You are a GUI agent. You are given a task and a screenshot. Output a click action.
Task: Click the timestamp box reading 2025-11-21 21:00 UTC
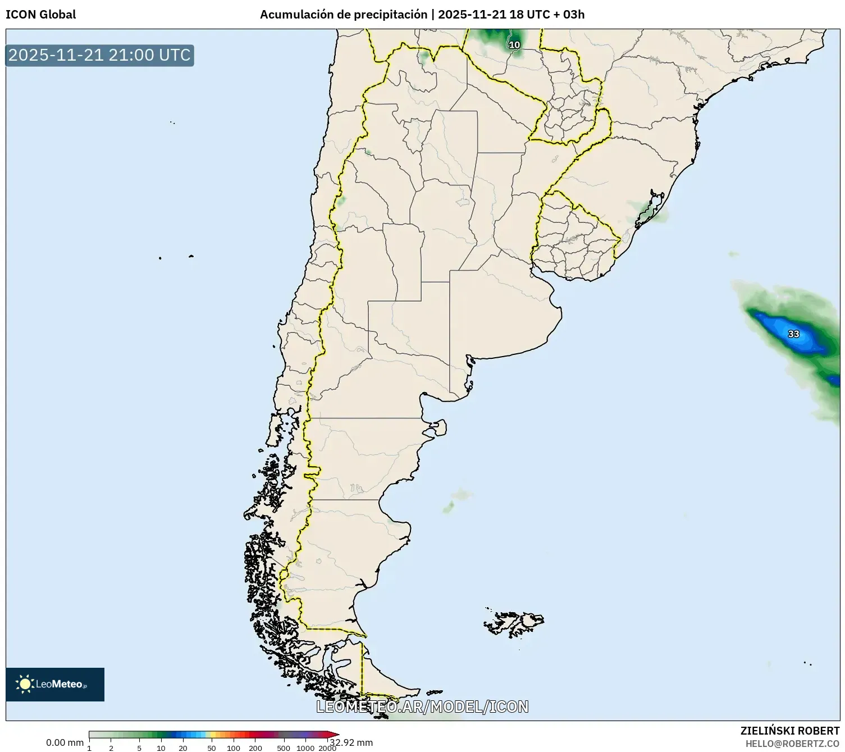[99, 56]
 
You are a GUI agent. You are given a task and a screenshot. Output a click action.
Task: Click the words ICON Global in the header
[40, 15]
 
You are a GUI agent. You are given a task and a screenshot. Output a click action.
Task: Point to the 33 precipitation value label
[793, 334]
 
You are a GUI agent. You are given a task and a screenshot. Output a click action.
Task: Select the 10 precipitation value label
[514, 45]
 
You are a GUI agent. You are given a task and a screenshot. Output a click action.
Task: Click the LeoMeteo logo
[55, 684]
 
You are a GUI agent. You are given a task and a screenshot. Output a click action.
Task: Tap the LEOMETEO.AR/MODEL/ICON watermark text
[422, 707]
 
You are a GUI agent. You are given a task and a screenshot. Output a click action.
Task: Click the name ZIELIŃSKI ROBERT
[790, 731]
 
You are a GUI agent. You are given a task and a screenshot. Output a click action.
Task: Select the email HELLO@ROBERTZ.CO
[792, 744]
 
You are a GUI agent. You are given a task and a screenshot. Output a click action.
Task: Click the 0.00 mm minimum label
[65, 742]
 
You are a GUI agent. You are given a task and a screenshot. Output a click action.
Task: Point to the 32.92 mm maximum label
[351, 742]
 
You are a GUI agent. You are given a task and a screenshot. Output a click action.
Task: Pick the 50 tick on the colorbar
[212, 748]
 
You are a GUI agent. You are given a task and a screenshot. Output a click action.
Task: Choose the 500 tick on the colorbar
[284, 748]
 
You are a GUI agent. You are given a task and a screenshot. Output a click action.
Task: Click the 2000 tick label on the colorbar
[327, 748]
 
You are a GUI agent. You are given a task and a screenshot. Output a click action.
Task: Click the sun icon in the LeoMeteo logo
[25, 684]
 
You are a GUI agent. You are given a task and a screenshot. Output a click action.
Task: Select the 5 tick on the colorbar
[139, 748]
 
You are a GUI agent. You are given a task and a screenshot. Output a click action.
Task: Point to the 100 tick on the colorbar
[234, 748]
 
